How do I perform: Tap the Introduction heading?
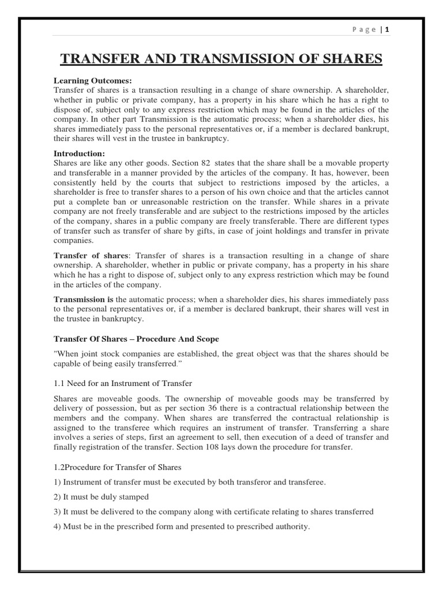click(x=80, y=154)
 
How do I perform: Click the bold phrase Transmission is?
click(x=84, y=299)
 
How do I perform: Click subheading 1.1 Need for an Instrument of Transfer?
click(x=123, y=383)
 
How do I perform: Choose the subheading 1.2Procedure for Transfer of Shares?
click(x=118, y=467)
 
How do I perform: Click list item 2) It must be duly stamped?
click(x=101, y=497)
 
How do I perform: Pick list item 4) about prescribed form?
click(x=182, y=526)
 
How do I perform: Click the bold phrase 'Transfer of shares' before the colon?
click(x=92, y=255)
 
